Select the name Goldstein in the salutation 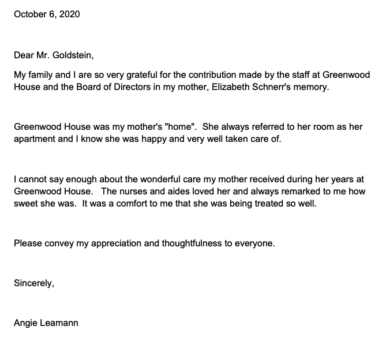[72, 56]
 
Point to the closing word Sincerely [34, 283]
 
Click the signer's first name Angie [25, 323]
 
